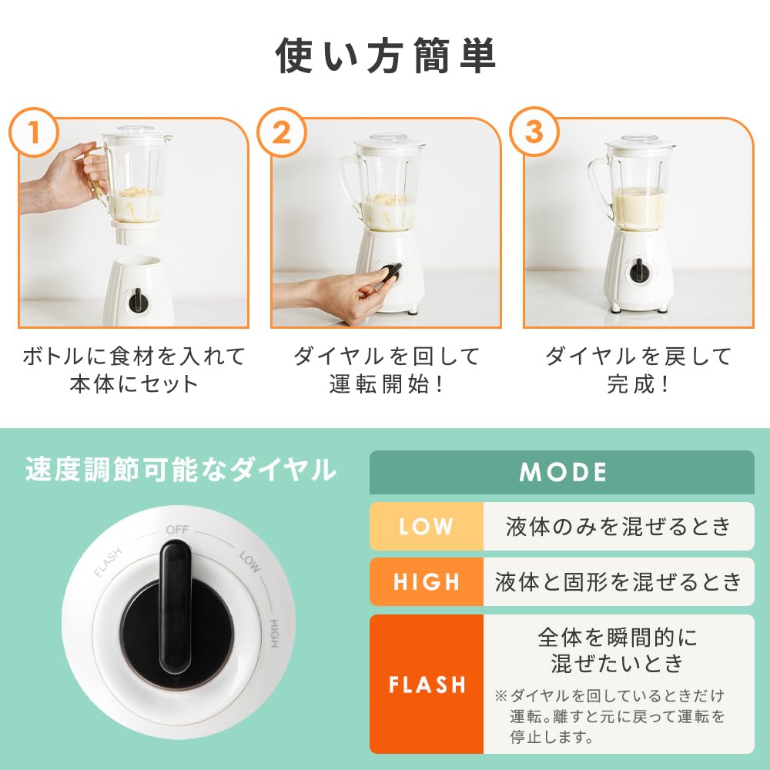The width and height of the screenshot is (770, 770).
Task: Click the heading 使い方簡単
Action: point(386,56)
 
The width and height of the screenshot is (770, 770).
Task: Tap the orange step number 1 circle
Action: point(34,132)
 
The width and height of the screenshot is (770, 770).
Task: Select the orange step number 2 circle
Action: point(282,132)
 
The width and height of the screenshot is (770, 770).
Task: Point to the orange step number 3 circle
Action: point(534,132)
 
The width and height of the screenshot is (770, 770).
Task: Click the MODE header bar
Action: point(562,473)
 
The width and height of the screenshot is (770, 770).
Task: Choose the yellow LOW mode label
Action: point(427,527)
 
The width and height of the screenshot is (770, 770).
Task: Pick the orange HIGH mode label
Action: point(427,582)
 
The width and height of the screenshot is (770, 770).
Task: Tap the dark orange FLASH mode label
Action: point(427,684)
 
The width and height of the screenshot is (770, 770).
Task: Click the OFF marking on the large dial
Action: point(177,530)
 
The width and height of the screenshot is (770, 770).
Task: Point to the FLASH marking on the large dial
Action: point(108,562)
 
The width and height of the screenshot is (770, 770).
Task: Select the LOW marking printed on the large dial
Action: point(249,561)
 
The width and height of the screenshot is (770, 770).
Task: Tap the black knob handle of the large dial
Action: point(176,607)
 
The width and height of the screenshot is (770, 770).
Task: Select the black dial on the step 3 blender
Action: point(639,270)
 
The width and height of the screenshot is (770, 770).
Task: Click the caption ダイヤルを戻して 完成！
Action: point(638,370)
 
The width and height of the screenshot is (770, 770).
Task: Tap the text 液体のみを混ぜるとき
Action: point(619,527)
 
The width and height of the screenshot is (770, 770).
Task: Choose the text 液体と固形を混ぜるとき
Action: point(619,582)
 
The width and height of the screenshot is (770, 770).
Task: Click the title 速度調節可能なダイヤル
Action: point(181,470)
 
